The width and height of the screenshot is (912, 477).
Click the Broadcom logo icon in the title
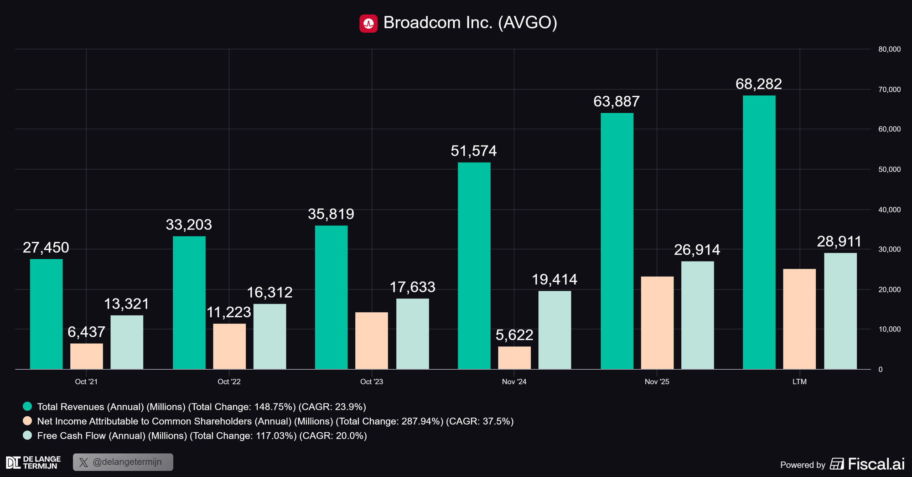(x=368, y=23)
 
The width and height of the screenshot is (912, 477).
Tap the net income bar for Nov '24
(x=514, y=358)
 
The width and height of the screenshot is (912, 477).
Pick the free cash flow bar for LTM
(x=840, y=311)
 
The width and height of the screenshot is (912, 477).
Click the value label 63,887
(x=617, y=101)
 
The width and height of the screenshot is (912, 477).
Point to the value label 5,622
(x=514, y=335)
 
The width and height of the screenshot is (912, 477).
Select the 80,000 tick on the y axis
(x=889, y=49)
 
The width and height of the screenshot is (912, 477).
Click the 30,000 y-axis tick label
(x=889, y=249)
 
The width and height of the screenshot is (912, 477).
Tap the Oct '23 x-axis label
(x=372, y=382)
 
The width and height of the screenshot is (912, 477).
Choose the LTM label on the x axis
(x=799, y=382)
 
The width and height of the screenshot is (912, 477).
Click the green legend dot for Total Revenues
(x=27, y=406)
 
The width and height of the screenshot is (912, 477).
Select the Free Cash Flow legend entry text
(x=202, y=435)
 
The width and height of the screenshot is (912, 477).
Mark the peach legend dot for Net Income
(x=27, y=421)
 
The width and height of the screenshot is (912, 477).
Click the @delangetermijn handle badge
(x=123, y=462)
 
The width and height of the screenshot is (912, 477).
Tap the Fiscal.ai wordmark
(x=876, y=464)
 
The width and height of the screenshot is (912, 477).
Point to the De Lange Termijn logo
(x=33, y=462)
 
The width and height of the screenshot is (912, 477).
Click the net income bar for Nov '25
(x=657, y=323)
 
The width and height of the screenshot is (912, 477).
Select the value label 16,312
(x=269, y=293)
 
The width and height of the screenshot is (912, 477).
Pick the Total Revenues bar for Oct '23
(x=332, y=297)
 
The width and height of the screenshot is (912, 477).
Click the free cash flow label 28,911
(x=839, y=241)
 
